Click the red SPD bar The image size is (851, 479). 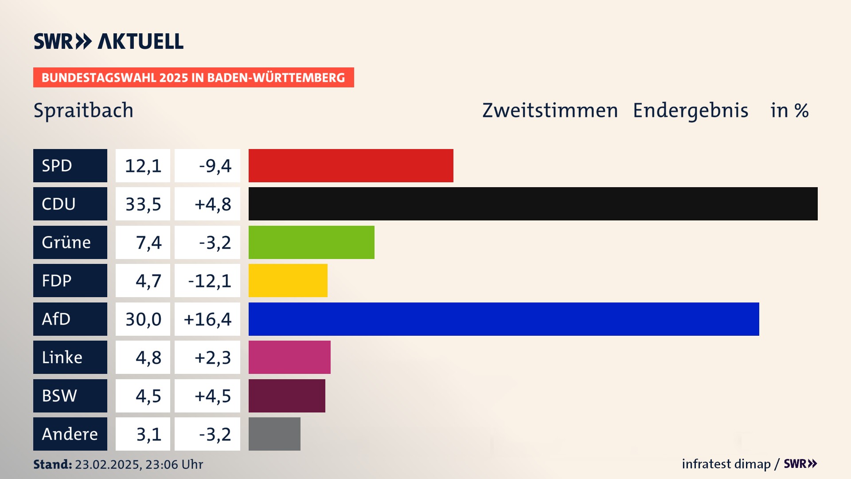351,165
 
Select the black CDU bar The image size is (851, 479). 533,204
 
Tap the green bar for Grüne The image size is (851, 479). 311,242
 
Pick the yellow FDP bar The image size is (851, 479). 288,280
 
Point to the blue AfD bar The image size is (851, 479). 504,319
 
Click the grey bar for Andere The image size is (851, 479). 274,434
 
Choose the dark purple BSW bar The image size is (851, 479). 287,396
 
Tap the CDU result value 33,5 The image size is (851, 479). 143,204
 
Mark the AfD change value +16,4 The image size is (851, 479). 207,319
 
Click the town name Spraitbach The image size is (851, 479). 83,110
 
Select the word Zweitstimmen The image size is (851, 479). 550,110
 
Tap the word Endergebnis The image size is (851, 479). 690,110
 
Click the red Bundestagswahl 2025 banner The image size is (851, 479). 193,78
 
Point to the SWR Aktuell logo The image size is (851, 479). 109,41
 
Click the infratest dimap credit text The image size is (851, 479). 726,464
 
